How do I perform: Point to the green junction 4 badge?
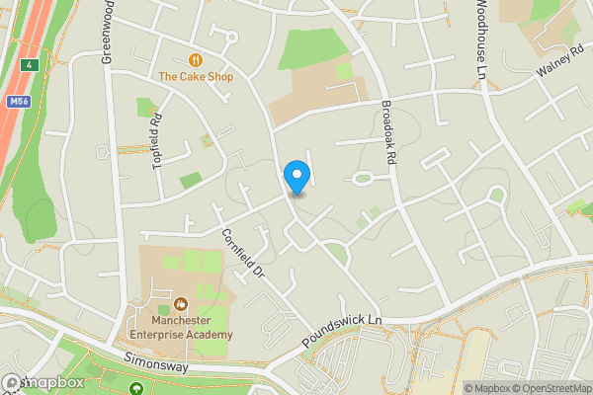click(x=31, y=65)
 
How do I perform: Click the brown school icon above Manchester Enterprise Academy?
click(x=180, y=304)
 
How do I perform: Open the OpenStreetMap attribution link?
click(x=550, y=388)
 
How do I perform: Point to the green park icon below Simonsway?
click(x=134, y=390)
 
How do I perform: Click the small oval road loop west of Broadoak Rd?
click(x=362, y=179)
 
